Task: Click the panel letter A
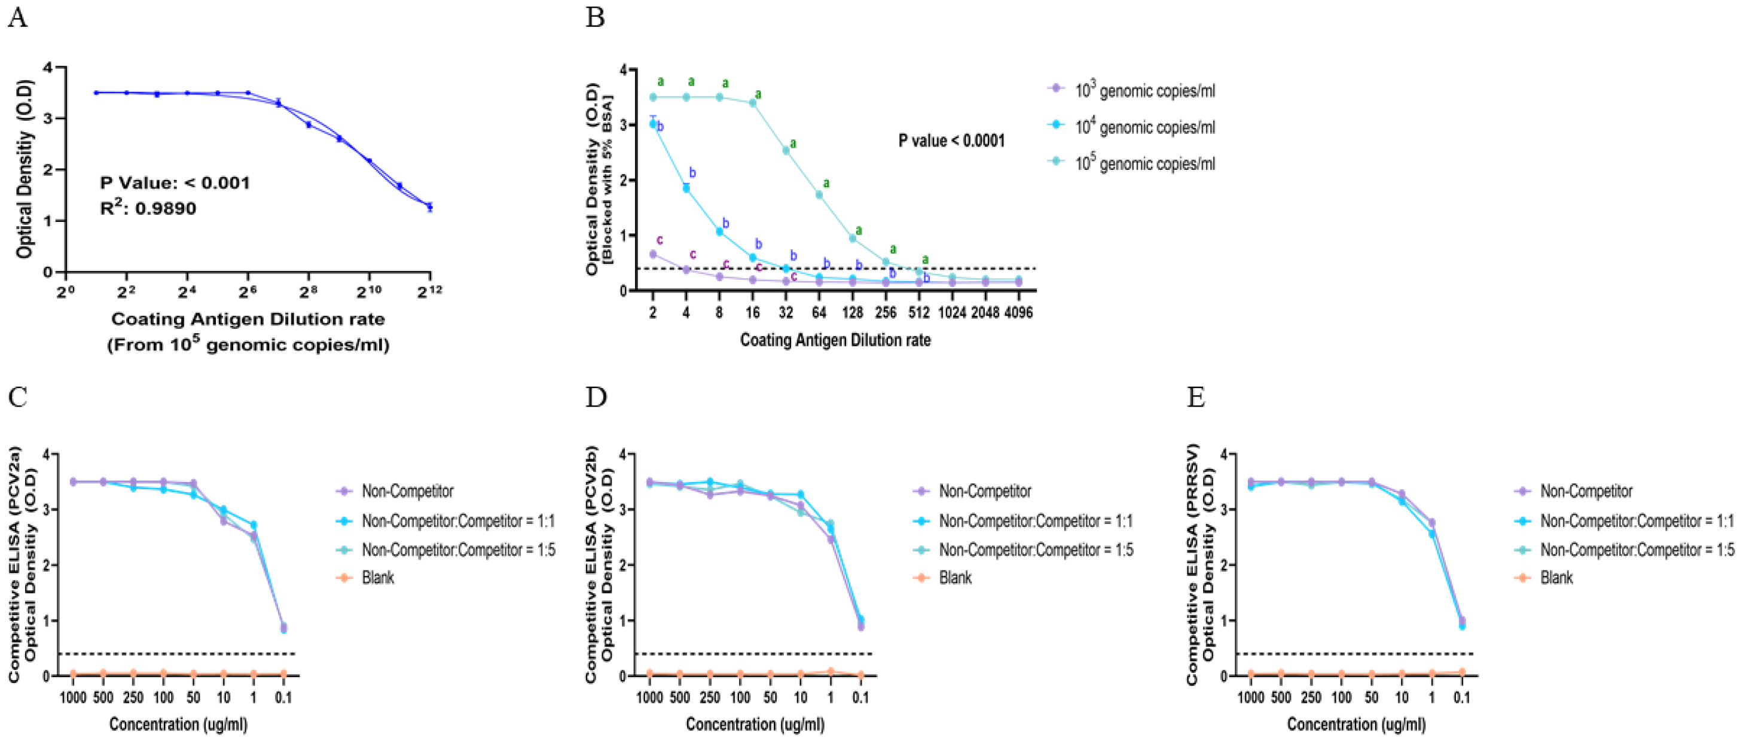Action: click(17, 17)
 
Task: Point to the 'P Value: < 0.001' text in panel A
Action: click(175, 183)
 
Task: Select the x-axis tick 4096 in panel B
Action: click(1018, 313)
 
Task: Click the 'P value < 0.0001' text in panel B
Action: click(951, 141)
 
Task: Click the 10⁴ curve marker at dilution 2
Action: click(652, 124)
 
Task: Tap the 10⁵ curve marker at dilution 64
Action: click(819, 194)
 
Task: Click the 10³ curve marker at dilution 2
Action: click(652, 254)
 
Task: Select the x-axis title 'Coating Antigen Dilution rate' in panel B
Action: click(835, 340)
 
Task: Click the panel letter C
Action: click(17, 397)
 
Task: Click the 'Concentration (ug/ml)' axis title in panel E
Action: click(1356, 724)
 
